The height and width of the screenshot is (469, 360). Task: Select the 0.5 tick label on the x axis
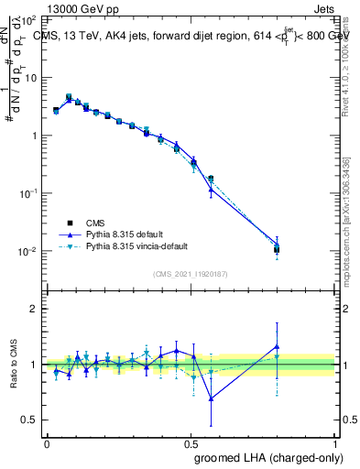tap(190, 443)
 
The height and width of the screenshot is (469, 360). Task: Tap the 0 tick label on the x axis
tap(47, 443)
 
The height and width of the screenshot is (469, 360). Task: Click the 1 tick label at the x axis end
tap(334, 443)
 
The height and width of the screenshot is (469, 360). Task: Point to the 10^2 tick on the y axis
tap(29, 19)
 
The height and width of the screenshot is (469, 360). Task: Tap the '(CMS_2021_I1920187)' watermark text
tap(191, 273)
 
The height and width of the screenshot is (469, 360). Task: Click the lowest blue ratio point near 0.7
tap(212, 398)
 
